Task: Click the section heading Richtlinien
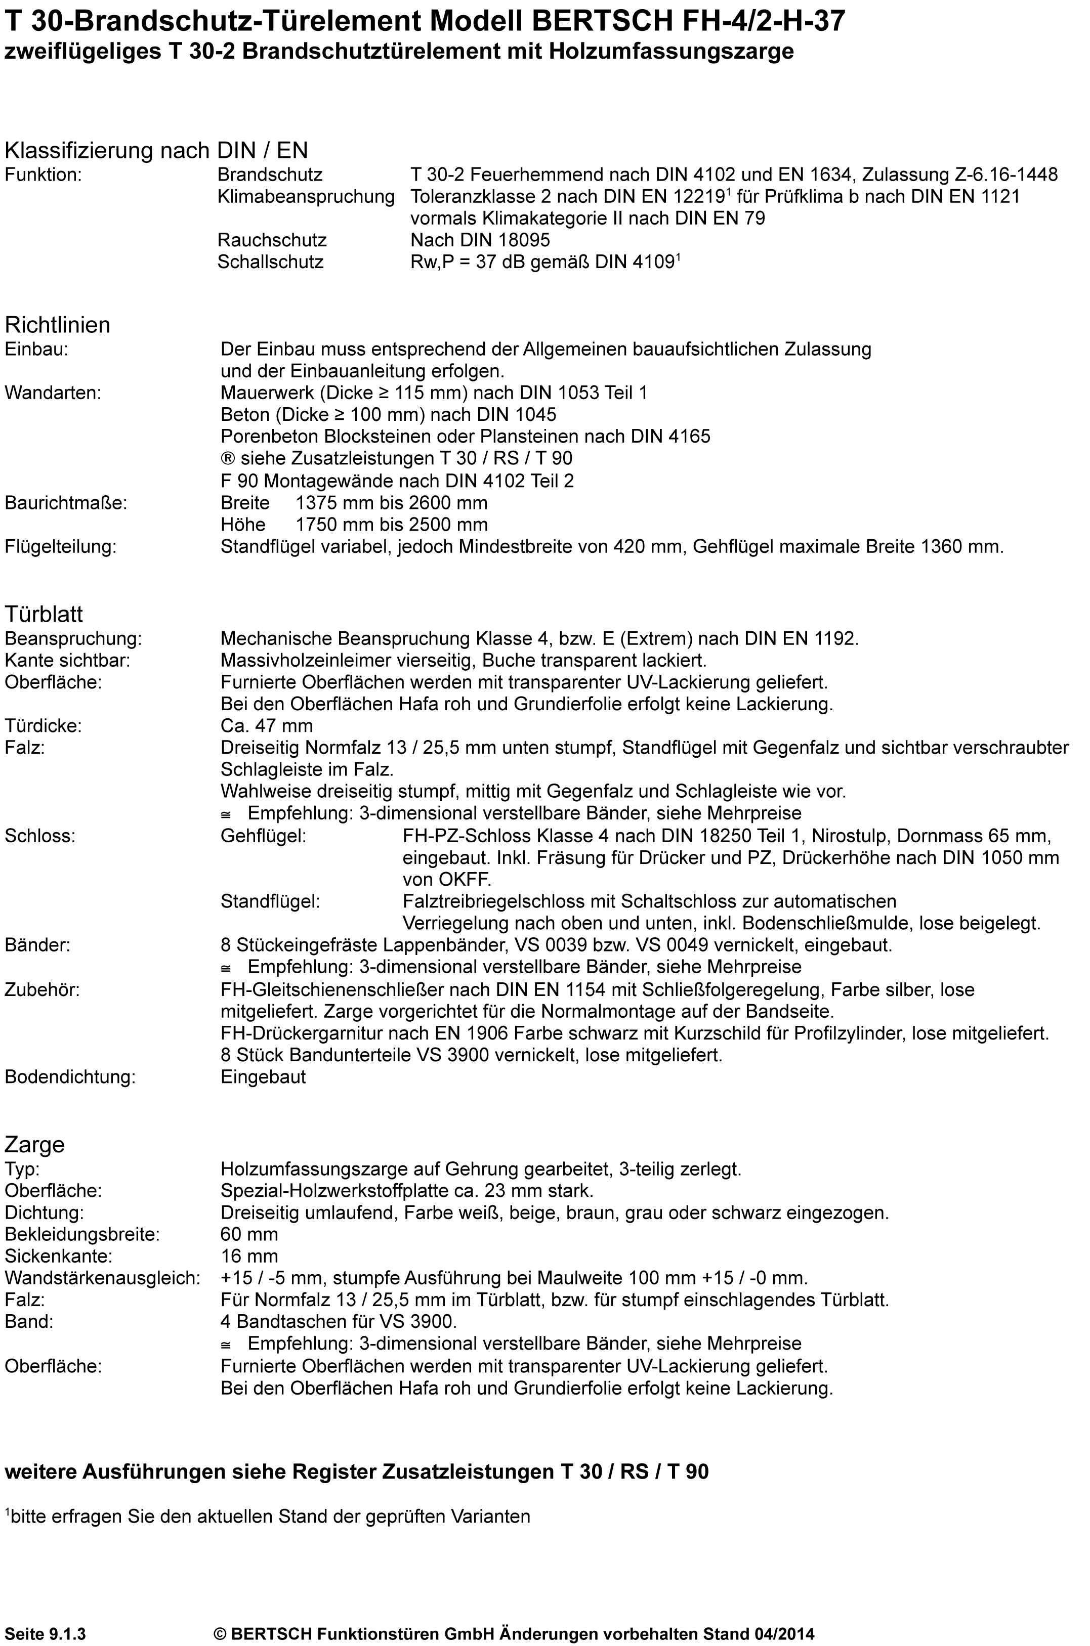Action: point(57,325)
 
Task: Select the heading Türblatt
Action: point(44,614)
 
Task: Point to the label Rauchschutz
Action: point(272,240)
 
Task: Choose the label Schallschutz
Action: point(270,262)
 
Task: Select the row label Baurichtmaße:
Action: point(66,502)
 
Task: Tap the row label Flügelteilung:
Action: point(61,547)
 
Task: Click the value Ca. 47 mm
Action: point(266,726)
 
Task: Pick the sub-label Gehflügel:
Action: point(264,835)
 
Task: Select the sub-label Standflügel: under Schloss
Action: point(270,901)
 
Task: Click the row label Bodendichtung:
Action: point(69,1077)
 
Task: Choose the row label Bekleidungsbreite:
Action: point(82,1234)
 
